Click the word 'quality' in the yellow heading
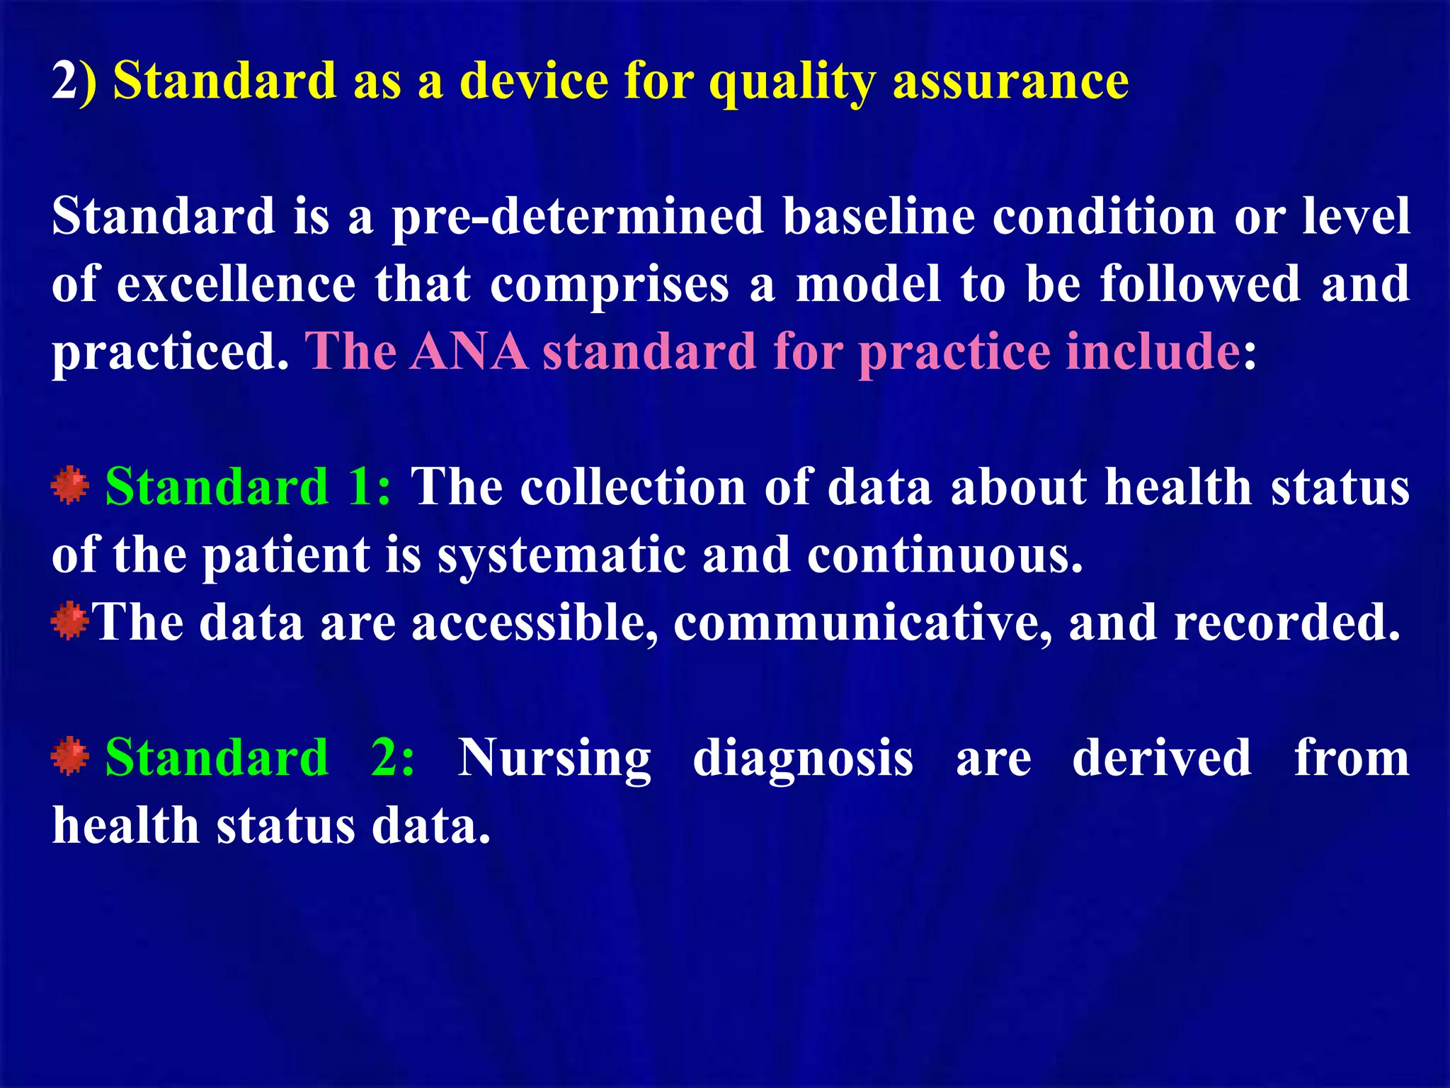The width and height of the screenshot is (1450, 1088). point(792,82)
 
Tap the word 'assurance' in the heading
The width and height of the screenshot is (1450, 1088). point(1010,81)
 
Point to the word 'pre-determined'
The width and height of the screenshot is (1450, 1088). point(578,216)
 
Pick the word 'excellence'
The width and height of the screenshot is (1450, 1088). point(236,283)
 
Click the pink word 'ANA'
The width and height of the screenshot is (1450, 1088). point(469,351)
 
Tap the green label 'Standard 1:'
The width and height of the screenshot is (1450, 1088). point(248,487)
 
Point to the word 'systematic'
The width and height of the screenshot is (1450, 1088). point(561,555)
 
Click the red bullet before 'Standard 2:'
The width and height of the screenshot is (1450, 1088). point(70,756)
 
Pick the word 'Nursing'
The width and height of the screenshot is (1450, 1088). point(554,759)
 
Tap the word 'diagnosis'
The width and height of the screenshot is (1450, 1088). point(803,759)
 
